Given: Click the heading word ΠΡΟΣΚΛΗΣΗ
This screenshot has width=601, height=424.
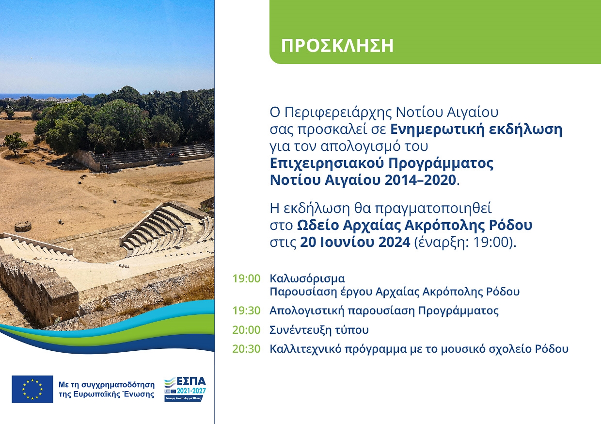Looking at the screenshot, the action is [337, 46].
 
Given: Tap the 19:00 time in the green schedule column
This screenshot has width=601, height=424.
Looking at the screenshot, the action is [246, 278].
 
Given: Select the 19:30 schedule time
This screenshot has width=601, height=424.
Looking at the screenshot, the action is [246, 310].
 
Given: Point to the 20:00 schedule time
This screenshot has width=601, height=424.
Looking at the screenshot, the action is [246, 330].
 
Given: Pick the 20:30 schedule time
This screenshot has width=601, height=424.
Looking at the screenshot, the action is [246, 349].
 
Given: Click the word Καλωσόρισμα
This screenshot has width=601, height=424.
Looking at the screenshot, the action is [307, 279].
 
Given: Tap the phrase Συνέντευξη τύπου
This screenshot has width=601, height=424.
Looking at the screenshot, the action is [319, 330].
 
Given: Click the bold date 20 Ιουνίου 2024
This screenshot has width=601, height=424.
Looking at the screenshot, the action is [355, 242].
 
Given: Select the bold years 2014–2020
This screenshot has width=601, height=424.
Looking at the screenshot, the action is [420, 180].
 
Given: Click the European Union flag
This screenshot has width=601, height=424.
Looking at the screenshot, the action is [32, 389].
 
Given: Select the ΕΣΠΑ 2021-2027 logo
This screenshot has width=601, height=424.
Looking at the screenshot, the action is [185, 389].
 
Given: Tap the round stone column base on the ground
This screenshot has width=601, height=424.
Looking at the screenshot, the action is [23, 227].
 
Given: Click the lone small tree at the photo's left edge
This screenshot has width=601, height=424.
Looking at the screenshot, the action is [15, 144].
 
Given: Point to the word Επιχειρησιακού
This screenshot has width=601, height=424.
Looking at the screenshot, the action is [327, 164].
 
